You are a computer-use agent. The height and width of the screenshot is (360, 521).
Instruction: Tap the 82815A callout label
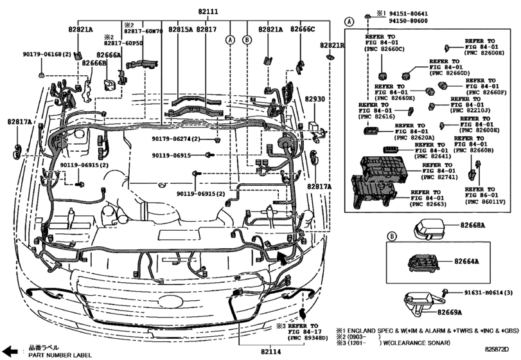(x=181, y=30)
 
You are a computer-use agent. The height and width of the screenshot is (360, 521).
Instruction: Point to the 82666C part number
(x=302, y=30)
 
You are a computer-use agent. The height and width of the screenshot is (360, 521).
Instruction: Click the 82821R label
(x=333, y=46)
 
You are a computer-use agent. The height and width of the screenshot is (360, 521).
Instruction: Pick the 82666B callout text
(x=94, y=64)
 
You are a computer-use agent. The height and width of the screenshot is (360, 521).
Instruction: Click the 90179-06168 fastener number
(x=46, y=56)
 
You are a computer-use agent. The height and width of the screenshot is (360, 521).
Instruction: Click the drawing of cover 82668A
(x=431, y=228)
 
